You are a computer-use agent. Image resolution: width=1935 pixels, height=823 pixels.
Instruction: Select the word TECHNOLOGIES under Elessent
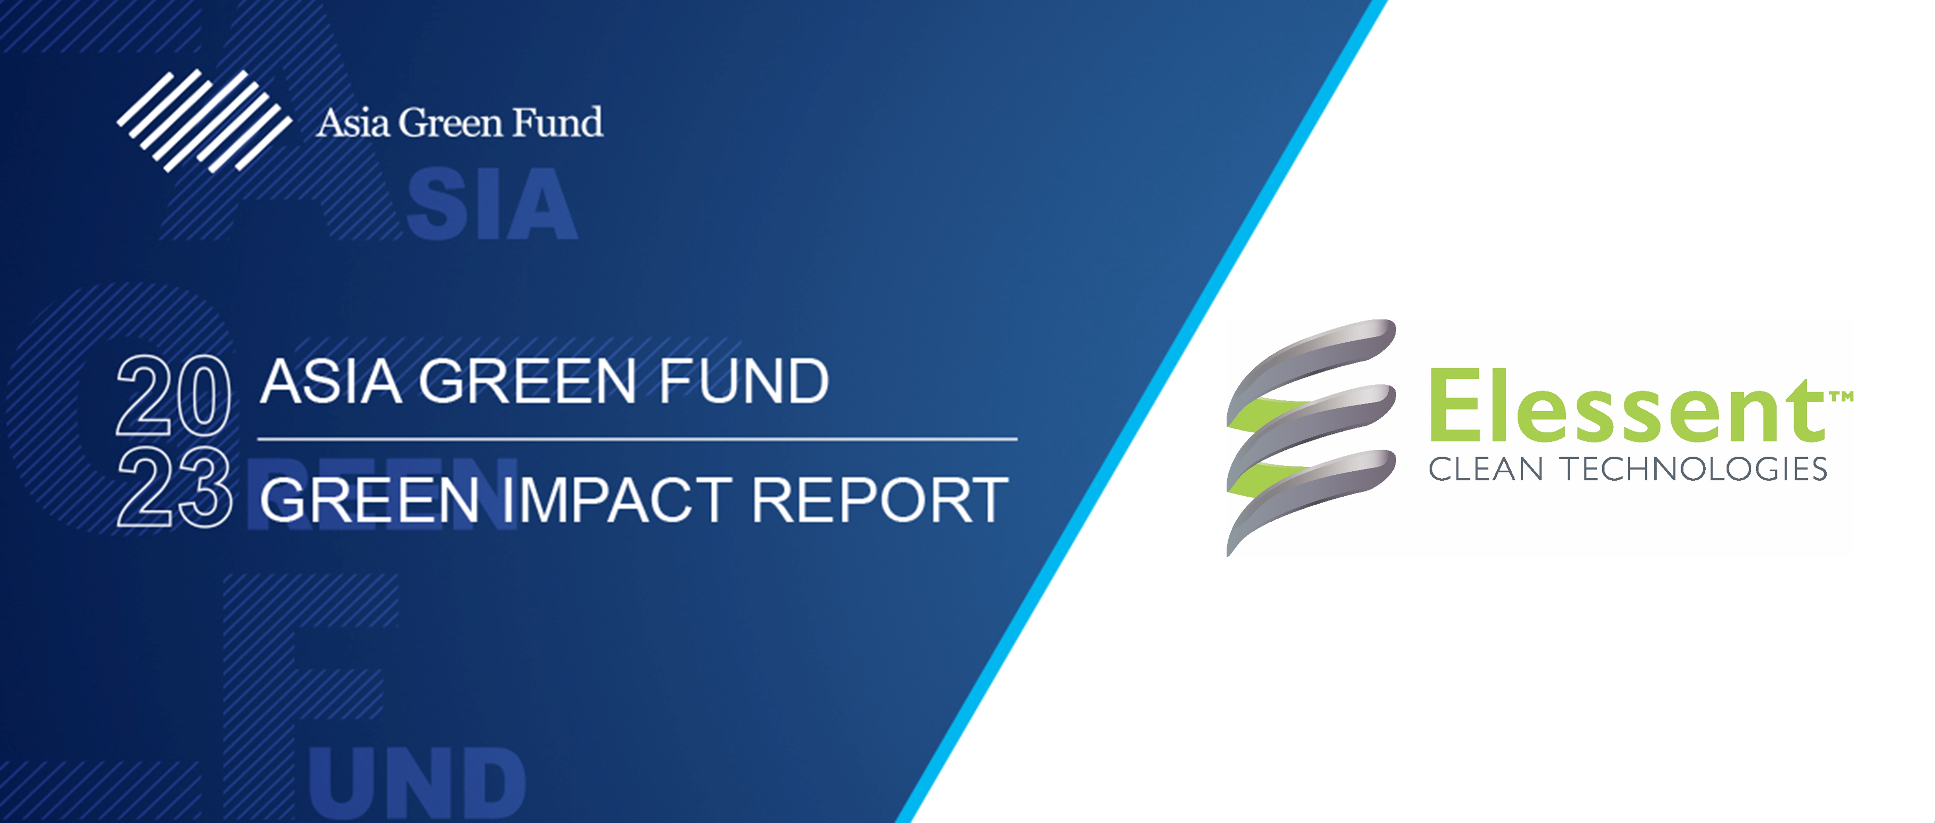(x=1695, y=469)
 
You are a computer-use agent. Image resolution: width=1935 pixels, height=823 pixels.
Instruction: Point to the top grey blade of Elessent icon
(x=1311, y=359)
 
